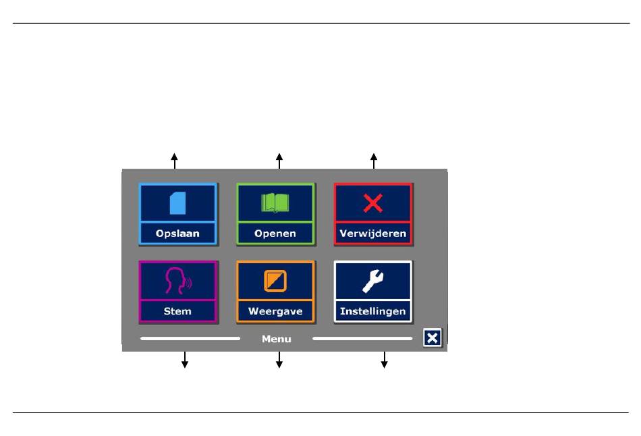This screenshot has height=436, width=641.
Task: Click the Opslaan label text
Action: point(177,234)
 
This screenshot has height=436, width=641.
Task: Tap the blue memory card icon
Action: point(178,203)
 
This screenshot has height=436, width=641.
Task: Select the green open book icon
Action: point(275,203)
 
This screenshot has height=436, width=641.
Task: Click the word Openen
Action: point(275,234)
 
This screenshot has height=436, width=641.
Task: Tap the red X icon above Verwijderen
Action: point(373,203)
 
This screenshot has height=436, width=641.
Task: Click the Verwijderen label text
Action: point(373,234)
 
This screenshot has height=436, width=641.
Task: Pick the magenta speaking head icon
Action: point(178,281)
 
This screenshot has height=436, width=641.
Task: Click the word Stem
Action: point(177,311)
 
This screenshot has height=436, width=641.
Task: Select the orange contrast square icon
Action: point(275,281)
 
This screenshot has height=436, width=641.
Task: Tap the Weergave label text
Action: point(275,311)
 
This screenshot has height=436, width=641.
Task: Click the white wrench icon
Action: point(373,281)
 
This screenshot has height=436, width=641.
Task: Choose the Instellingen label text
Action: point(373,311)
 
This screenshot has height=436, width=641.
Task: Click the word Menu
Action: point(277,339)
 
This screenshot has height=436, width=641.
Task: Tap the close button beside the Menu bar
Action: point(432,338)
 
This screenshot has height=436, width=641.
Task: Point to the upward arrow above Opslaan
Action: point(175,161)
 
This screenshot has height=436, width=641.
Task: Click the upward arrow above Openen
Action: point(279,161)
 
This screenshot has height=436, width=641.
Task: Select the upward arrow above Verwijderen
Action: point(374,161)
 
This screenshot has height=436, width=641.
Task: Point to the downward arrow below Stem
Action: point(185,360)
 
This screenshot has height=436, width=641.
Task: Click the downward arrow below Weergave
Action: point(279,360)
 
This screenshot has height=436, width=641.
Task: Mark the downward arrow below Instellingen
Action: point(385,360)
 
